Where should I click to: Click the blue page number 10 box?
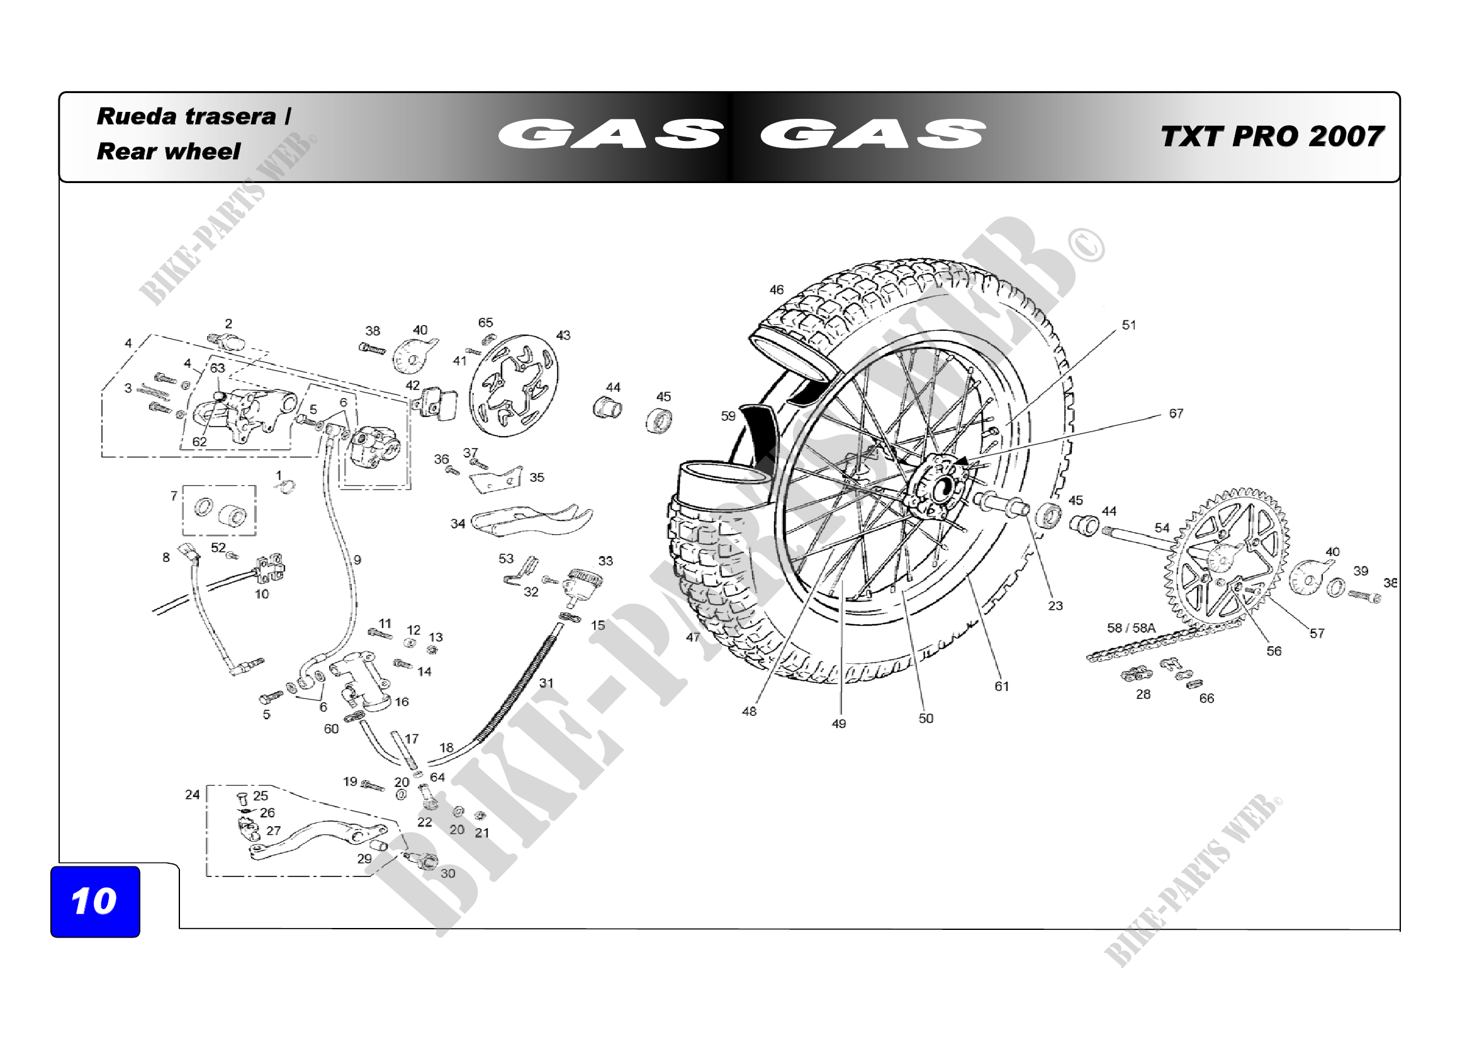tap(95, 901)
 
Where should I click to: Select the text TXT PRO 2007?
tap(1272, 137)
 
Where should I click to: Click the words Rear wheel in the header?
tap(168, 151)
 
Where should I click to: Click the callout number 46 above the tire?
tap(777, 289)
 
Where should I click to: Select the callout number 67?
tap(1176, 413)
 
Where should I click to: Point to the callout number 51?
tap(1129, 325)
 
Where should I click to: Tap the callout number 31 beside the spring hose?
tap(546, 683)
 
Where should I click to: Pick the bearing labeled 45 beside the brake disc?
tap(659, 421)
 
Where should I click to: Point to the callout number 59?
tap(728, 416)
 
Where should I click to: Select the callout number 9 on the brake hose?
tap(357, 559)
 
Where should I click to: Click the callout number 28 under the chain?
tap(1143, 694)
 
